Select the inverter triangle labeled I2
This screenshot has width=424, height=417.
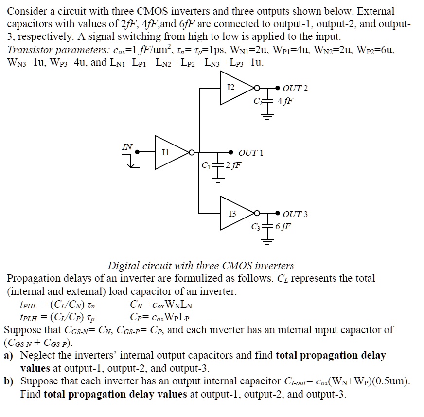pyautogui.click(x=234, y=88)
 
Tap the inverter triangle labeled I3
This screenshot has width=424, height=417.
pyautogui.click(x=235, y=213)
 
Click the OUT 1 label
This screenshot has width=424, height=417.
pyautogui.click(x=251, y=153)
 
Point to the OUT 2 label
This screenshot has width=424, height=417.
pyautogui.click(x=296, y=88)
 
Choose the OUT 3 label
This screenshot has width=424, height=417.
pyautogui.click(x=295, y=214)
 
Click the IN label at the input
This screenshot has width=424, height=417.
pyautogui.click(x=127, y=145)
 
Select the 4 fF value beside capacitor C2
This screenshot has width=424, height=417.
pyautogui.click(x=285, y=101)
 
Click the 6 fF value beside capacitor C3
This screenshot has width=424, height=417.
pyautogui.click(x=283, y=226)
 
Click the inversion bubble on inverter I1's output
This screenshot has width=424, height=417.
pyautogui.click(x=192, y=152)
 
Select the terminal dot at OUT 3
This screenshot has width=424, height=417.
pyautogui.click(x=278, y=213)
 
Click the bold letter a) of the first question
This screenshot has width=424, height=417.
pyautogui.click(x=9, y=356)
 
